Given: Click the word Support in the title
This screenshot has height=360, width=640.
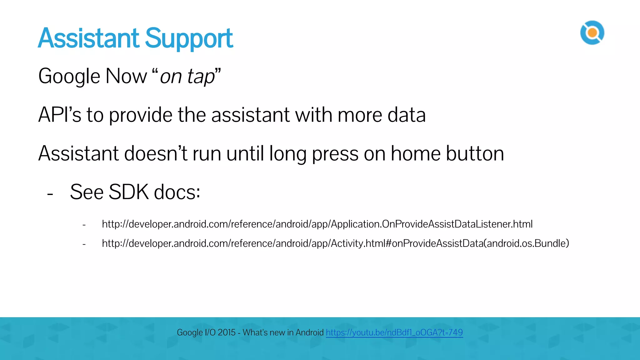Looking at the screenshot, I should click(189, 39).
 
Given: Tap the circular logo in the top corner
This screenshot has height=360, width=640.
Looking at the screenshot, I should click(592, 33).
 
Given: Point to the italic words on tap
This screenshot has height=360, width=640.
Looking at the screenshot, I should click(187, 77).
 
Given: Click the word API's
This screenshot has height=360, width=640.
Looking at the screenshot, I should click(59, 115).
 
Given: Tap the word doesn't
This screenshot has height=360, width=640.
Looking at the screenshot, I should click(156, 153).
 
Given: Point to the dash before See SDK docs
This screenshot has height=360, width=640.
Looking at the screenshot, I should click(50, 194).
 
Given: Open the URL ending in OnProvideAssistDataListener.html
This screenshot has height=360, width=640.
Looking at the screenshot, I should click(317, 224).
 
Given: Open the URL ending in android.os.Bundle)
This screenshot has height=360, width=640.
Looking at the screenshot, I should click(335, 243).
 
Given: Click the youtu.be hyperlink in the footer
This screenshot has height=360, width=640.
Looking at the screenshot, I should click(394, 332).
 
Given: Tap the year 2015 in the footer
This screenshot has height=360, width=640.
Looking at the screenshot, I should click(226, 332).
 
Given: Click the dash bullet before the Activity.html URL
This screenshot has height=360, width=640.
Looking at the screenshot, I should click(84, 244).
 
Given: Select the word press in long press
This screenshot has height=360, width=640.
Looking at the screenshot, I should click(335, 154).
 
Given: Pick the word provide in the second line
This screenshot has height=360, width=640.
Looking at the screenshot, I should click(140, 115).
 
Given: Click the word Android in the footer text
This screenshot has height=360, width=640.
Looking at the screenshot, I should click(309, 332).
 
